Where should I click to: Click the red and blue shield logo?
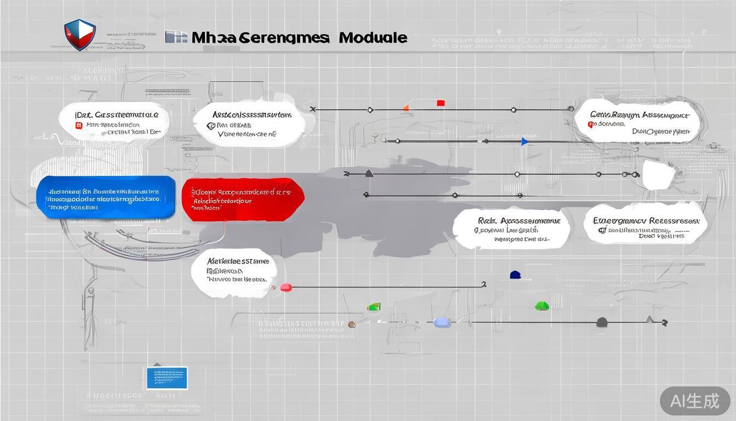point(80,35)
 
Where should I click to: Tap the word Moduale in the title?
point(373,38)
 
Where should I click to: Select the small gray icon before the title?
point(176,37)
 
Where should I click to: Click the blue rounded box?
point(106,197)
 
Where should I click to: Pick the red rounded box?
point(243,199)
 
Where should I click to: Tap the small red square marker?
point(441,103)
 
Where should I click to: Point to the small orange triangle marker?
point(406,107)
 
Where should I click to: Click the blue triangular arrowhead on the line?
point(525,142)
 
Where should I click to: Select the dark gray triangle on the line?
point(369,173)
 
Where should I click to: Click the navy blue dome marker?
point(515,275)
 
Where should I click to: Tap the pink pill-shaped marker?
point(286,287)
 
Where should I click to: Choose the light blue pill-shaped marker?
point(442,322)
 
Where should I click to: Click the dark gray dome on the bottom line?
point(602,322)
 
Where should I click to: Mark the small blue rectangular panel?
point(167,378)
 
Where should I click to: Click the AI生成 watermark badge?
point(694,401)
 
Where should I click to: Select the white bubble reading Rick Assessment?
point(511,228)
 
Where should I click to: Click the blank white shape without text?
point(660,175)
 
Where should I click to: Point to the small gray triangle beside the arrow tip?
point(649,319)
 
